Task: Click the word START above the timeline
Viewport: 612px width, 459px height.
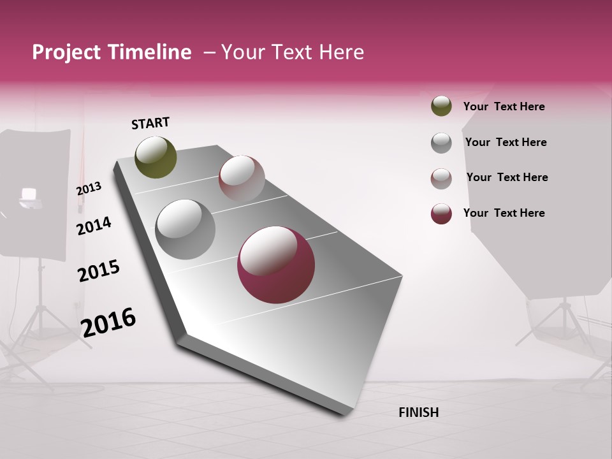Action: point(150,123)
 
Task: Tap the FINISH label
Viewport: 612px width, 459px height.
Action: point(418,412)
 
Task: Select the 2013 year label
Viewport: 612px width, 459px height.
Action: point(89,189)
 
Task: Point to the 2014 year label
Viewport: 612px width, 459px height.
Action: point(94,226)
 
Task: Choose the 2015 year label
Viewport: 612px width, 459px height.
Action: point(98,271)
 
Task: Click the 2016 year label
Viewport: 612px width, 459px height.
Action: point(108,322)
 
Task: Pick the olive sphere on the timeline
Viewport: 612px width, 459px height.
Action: point(156,157)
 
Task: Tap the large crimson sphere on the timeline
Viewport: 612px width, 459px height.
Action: point(275,265)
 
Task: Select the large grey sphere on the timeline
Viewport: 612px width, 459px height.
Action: point(185,229)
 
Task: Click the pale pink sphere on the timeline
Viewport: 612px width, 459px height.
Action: point(242,178)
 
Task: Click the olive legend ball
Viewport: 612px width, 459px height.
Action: point(441,106)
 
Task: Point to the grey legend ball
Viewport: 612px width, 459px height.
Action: point(441,143)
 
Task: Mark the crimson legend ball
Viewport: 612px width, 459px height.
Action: point(441,214)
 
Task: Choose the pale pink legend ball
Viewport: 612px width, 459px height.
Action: point(441,178)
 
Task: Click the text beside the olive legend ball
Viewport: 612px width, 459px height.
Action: point(504,106)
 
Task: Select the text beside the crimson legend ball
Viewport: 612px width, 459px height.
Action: point(504,213)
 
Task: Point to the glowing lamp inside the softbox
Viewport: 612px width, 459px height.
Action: point(29,194)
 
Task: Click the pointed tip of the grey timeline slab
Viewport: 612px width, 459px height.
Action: point(345,414)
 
